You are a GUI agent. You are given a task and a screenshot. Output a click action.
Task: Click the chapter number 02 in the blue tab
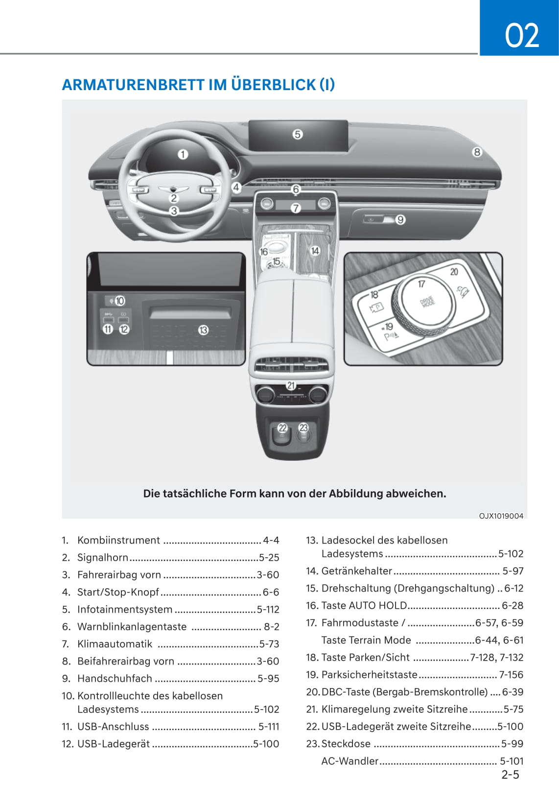(522, 35)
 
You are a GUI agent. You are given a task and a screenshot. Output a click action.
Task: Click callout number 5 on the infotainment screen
(298, 134)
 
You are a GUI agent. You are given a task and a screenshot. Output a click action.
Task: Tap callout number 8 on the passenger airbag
(477, 152)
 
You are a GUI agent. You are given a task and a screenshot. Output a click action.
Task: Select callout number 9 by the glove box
(400, 219)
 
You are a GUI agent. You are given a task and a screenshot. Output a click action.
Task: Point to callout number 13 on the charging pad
(203, 330)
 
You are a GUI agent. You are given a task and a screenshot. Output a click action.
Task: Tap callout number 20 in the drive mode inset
(454, 272)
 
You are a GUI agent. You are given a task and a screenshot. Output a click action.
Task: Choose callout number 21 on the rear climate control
(291, 385)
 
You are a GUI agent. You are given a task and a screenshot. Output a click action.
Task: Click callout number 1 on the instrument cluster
(183, 154)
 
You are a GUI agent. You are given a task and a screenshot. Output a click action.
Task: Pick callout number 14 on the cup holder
(315, 250)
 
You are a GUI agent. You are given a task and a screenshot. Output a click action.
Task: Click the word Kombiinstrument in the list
(118, 540)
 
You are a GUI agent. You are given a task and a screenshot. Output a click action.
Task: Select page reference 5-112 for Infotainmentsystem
(268, 610)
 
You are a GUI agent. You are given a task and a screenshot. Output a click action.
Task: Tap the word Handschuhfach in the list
(115, 678)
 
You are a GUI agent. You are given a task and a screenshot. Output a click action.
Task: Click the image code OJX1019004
(501, 516)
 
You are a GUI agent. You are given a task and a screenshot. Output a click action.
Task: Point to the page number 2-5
(510, 774)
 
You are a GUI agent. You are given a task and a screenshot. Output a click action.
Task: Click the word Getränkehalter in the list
(356, 571)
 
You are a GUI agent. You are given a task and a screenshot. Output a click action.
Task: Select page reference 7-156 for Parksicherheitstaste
(511, 675)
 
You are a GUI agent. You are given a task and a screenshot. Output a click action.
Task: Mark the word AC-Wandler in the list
(349, 761)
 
